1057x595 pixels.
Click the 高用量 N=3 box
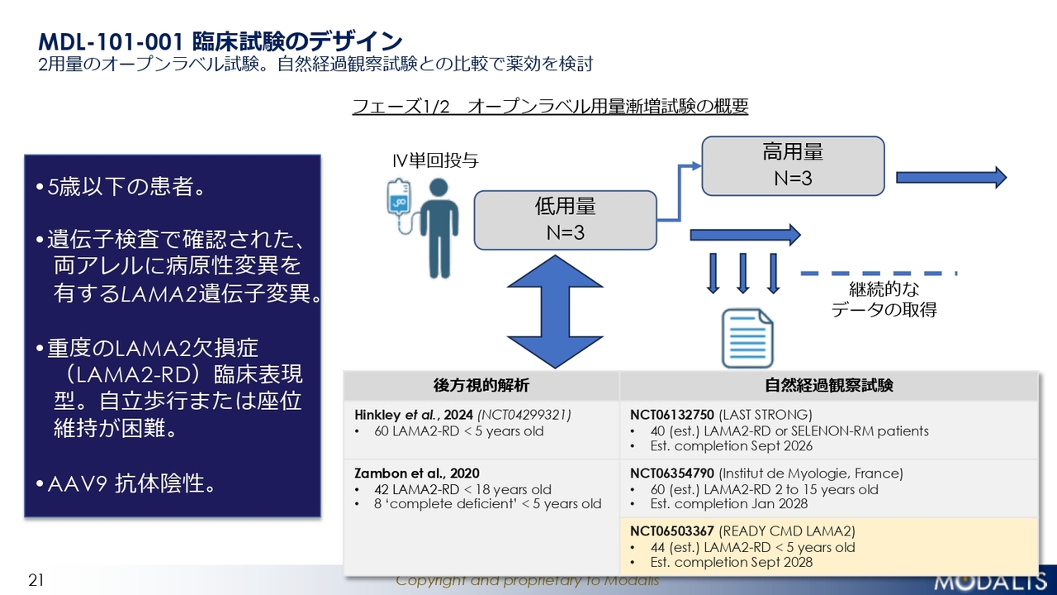pos(793,166)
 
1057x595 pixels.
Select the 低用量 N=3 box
pos(566,220)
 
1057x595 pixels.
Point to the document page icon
pos(747,338)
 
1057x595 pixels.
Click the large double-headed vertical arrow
pos(555,312)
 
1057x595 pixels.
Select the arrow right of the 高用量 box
pos(951,178)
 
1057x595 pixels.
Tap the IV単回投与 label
pos(435,160)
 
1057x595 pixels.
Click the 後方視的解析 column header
pos(481,385)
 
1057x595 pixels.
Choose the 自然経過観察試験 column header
pos(829,385)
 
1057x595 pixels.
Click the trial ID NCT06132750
pos(672,415)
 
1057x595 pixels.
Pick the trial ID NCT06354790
pos(672,474)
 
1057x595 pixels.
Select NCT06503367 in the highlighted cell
pos(672,531)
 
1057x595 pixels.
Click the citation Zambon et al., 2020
pos(417,474)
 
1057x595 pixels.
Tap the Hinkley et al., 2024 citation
pos(414,415)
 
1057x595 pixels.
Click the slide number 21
pos(36,580)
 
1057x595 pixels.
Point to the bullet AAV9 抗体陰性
pos(126,483)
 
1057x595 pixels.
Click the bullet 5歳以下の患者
pos(120,187)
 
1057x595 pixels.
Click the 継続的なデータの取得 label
pos(884,299)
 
